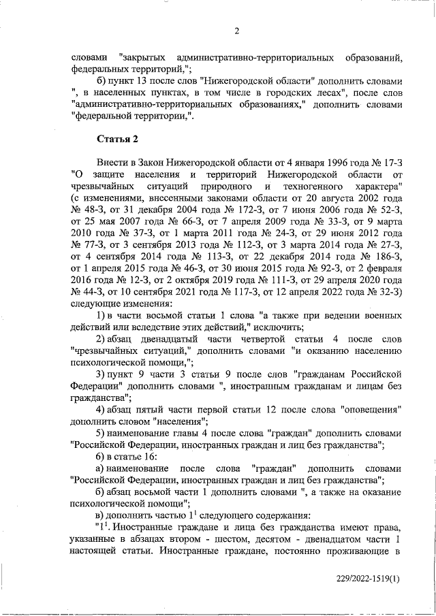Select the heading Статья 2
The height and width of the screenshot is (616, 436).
click(x=117, y=139)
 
